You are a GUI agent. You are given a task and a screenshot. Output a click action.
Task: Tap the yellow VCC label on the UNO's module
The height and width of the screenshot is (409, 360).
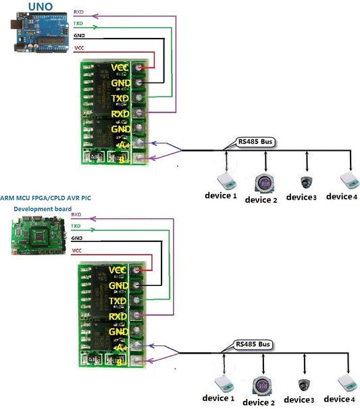coord(120,68)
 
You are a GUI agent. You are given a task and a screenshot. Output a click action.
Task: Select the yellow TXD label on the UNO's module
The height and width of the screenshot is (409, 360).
coord(120,99)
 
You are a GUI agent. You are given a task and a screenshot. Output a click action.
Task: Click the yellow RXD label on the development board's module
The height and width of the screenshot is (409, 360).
coord(118,316)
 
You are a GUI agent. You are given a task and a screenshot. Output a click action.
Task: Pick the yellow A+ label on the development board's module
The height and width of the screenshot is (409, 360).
coord(122,347)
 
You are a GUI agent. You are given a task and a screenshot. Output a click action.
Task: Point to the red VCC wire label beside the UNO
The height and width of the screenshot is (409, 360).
coord(78,48)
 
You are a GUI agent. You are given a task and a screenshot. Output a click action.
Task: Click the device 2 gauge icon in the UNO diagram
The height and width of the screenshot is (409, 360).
coord(265,183)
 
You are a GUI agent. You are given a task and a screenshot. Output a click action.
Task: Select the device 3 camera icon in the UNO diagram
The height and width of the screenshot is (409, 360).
coord(307,182)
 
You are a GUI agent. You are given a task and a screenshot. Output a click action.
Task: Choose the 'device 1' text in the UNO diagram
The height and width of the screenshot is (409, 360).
coord(221,197)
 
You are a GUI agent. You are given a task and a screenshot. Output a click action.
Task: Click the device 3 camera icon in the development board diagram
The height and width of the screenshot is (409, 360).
coord(303,385)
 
